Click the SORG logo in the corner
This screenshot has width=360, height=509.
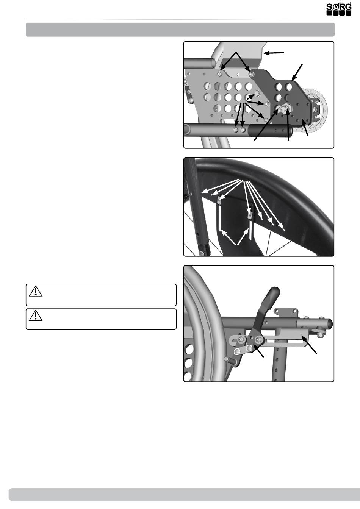[x=339, y=9]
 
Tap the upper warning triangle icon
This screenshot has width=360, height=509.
[x=36, y=291]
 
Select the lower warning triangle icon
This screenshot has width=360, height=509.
[x=36, y=315]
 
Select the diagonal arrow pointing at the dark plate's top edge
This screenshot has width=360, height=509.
[x=297, y=73]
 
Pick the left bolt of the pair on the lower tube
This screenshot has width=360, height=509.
[x=236, y=130]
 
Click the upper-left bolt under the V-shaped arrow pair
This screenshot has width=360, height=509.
[x=219, y=74]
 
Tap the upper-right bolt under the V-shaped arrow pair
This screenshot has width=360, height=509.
[x=251, y=74]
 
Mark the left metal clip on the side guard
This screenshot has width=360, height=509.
[x=219, y=200]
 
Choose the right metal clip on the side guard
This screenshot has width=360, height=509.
[x=250, y=214]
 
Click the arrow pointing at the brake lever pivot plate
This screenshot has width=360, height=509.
[x=258, y=351]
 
